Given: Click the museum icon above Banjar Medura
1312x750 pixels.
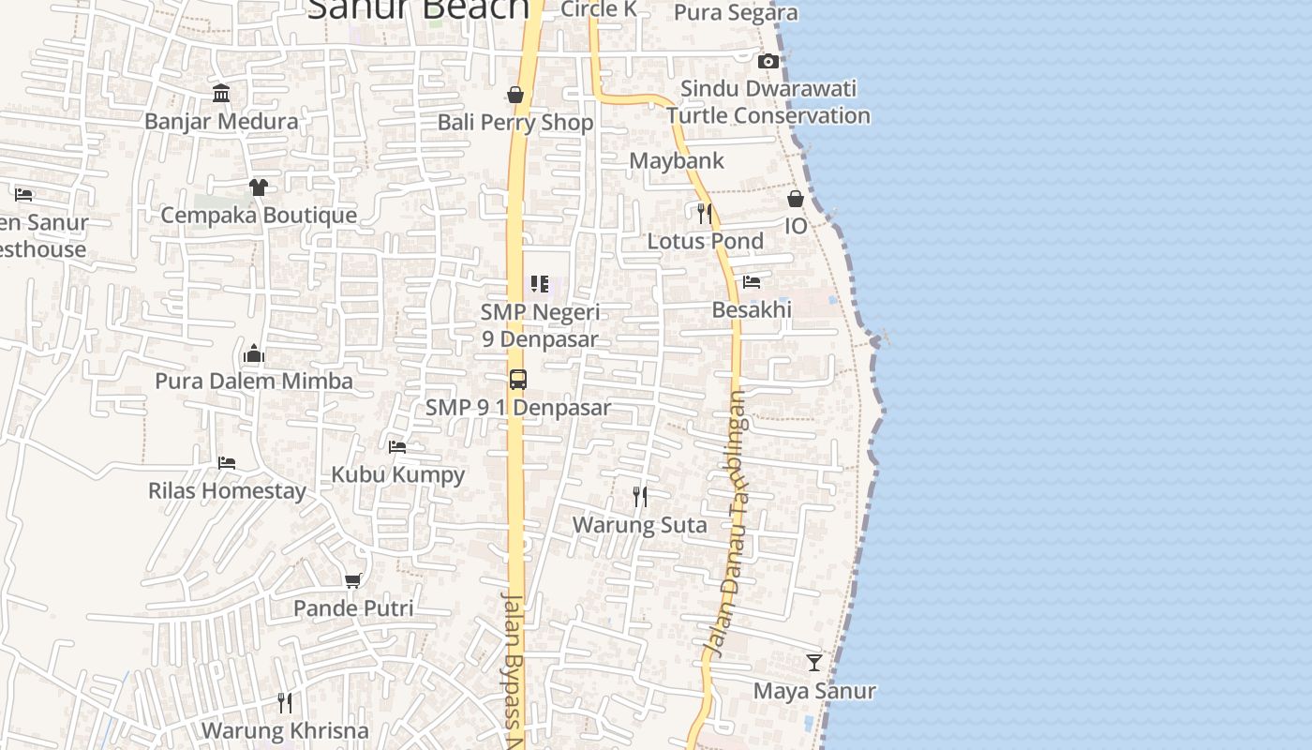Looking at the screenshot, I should pos(222,93).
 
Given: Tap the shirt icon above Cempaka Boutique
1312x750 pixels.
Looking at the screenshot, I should pos(259,187).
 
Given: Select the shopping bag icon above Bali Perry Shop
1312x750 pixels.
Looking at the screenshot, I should pos(515,94).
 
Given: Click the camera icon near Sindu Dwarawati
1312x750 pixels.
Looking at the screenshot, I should pos(768,61).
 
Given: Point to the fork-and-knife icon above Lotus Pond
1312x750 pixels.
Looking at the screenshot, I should pos(705,214).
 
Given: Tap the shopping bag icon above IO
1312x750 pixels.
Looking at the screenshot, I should pos(796,199).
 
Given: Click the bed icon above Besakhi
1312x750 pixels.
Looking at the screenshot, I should pos(752,281).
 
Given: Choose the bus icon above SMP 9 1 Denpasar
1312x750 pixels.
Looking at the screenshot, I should pos(518,380).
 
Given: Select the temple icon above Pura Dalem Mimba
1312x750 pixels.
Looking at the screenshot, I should pos(254,353).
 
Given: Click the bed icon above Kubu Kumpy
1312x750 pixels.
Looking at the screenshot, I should pos(397,447).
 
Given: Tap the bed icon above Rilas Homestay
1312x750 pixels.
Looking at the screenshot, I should pos(227,463).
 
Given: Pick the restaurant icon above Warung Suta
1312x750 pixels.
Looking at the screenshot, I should pos(640,497).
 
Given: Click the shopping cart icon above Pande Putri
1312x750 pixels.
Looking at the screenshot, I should pos(353,581).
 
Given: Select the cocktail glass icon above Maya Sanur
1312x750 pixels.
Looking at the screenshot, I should pos(814,663).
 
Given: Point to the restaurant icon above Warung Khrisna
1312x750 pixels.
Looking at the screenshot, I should pos(285,702).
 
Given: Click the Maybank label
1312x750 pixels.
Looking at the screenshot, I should pos(677,160).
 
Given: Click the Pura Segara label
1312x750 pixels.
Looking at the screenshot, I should pos(736,12).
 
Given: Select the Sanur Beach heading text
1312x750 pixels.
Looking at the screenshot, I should pos(418,9).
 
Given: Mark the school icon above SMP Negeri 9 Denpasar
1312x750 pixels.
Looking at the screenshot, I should pos(540,283).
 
